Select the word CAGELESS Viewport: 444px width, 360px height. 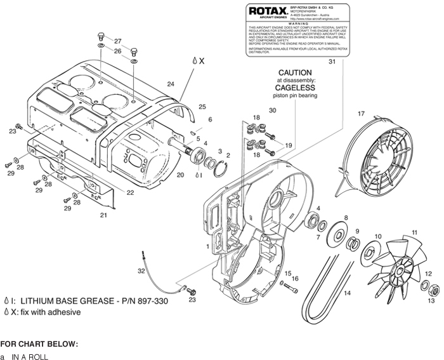295,88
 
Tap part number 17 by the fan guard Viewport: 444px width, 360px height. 361,114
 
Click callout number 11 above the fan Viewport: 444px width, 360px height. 415,232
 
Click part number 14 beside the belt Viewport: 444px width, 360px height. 347,293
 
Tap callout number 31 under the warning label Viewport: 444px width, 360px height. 332,62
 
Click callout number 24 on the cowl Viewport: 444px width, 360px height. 171,84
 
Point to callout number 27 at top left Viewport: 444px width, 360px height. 117,41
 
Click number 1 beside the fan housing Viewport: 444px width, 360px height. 207,245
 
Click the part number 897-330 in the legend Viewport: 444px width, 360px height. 152,300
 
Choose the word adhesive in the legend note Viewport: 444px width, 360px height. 64,312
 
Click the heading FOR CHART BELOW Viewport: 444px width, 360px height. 39,343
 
